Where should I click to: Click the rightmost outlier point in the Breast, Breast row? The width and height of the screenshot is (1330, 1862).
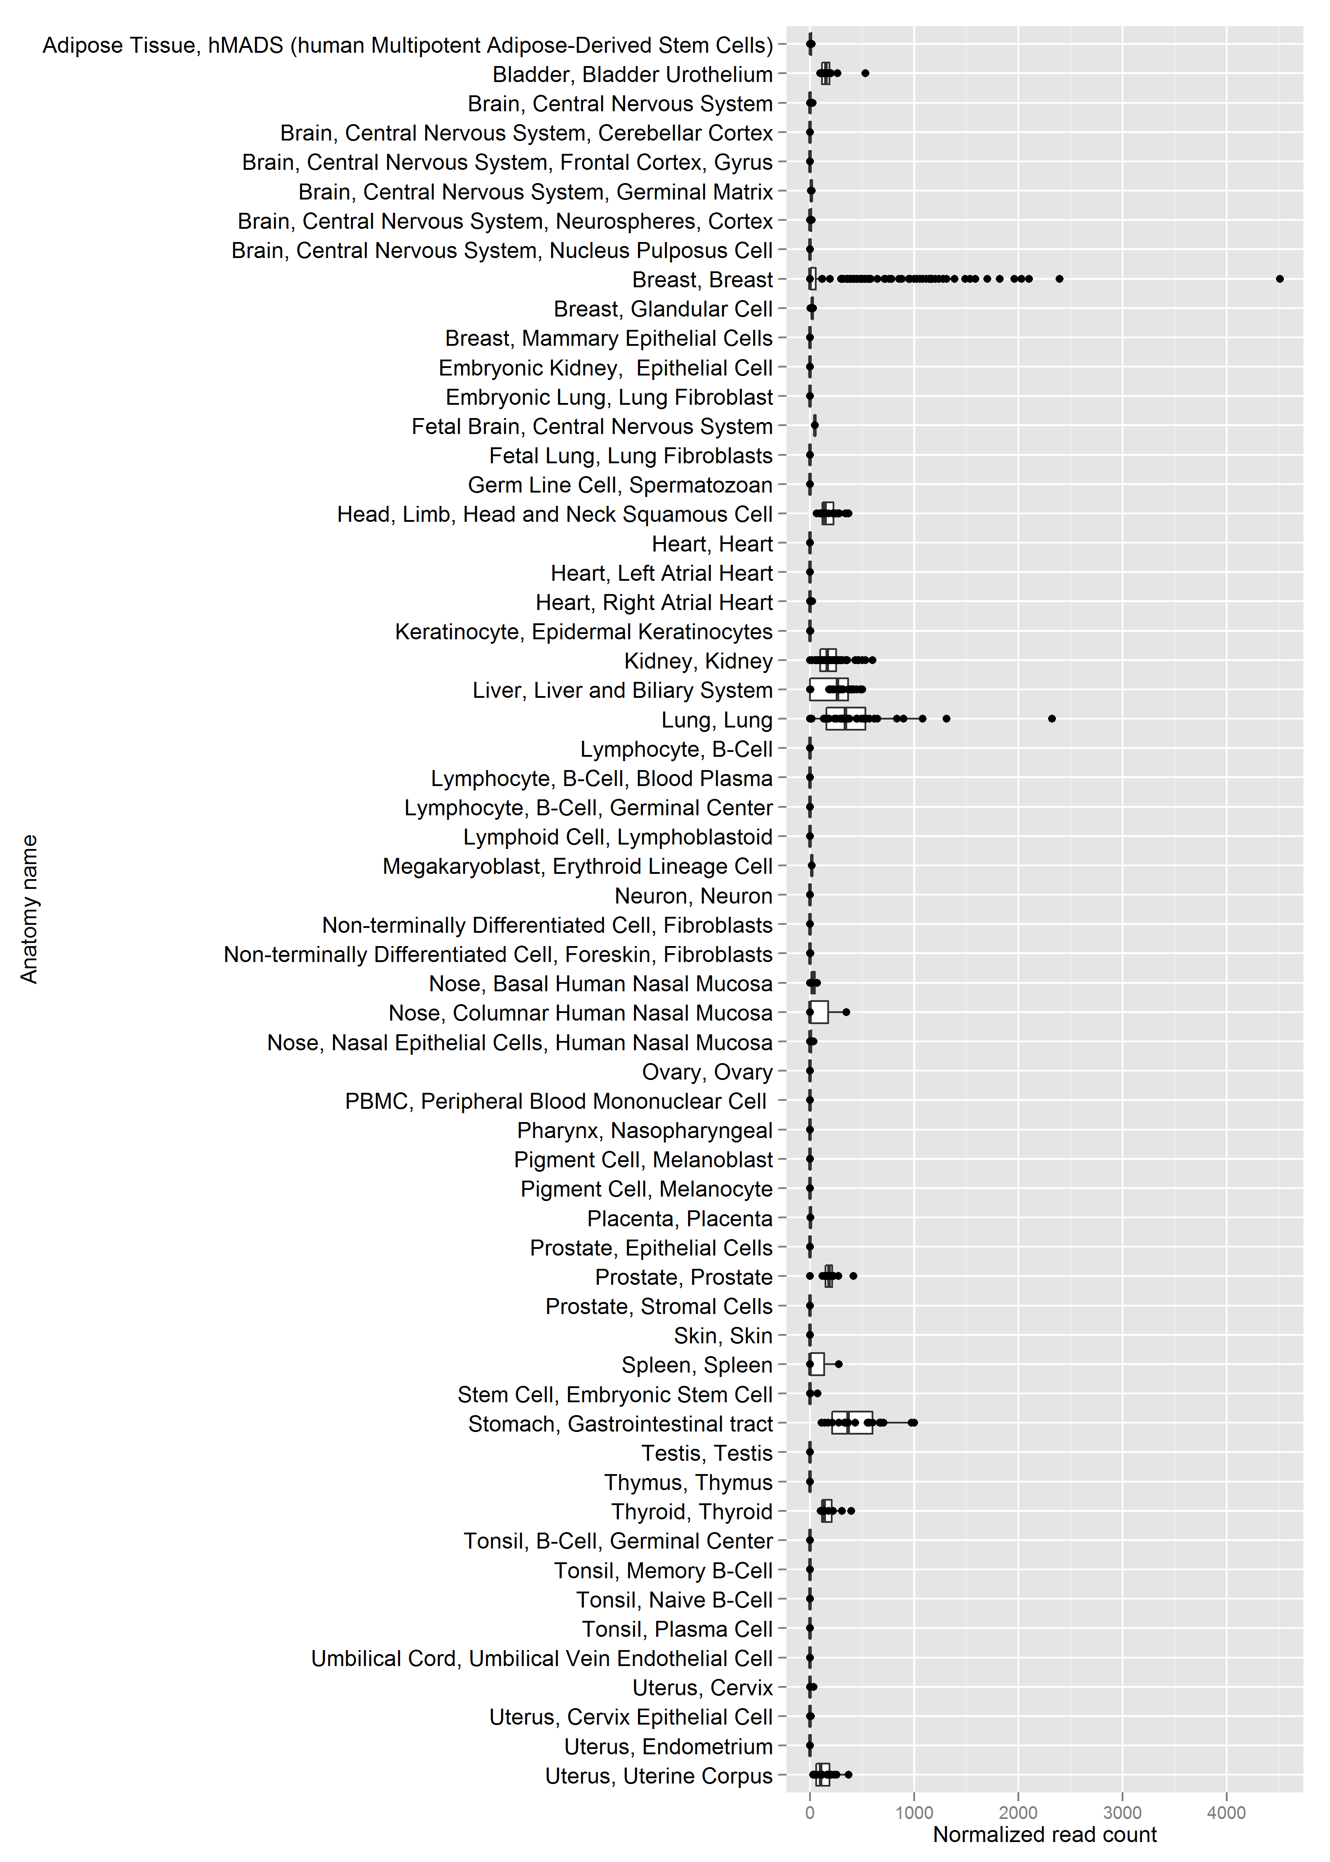[1279, 279]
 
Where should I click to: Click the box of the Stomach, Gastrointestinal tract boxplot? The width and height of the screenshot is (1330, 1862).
[852, 1422]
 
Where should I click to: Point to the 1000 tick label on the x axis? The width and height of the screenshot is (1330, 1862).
[914, 1813]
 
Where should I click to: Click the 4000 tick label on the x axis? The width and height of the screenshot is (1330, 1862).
[1226, 1813]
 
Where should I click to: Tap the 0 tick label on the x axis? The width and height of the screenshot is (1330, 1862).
[810, 1813]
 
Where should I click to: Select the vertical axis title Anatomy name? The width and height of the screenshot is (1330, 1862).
[30, 909]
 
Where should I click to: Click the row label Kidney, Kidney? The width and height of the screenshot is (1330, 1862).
[698, 661]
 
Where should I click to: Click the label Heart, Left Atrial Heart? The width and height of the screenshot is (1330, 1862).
[662, 573]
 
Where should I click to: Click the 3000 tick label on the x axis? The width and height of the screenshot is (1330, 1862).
[1122, 1813]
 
